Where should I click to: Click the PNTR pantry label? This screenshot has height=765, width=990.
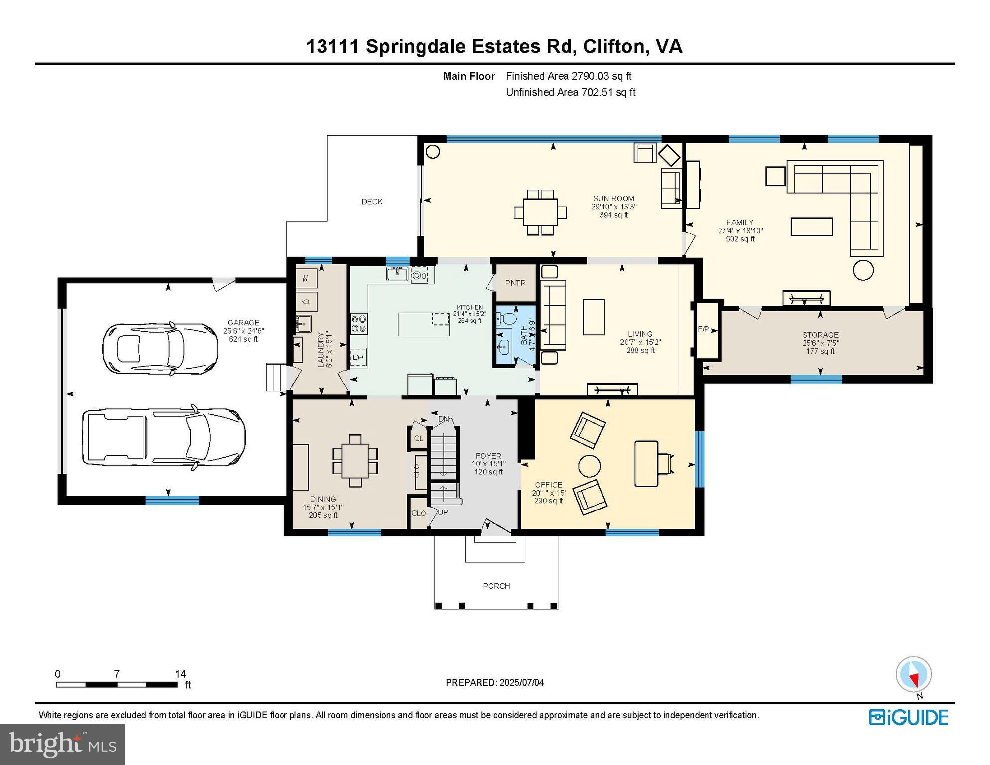515,283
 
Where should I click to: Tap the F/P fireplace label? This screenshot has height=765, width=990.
703,329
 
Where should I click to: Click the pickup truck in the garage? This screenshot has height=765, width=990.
163,437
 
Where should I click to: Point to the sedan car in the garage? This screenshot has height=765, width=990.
160,348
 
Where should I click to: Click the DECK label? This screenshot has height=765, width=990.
372,202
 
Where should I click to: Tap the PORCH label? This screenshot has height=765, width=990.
496,586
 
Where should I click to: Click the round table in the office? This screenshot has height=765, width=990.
589,466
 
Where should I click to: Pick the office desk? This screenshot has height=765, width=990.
646,463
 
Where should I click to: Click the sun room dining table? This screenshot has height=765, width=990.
540,212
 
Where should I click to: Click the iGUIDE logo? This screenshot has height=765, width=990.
908,718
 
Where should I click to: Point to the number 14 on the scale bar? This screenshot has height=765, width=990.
180,674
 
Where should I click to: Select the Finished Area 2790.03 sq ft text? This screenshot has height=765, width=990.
568,76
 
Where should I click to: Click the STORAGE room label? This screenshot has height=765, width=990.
820,335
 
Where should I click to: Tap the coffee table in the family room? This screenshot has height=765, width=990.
811,226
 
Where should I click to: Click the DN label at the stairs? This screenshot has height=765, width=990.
443,419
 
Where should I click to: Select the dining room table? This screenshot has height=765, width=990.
355,461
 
